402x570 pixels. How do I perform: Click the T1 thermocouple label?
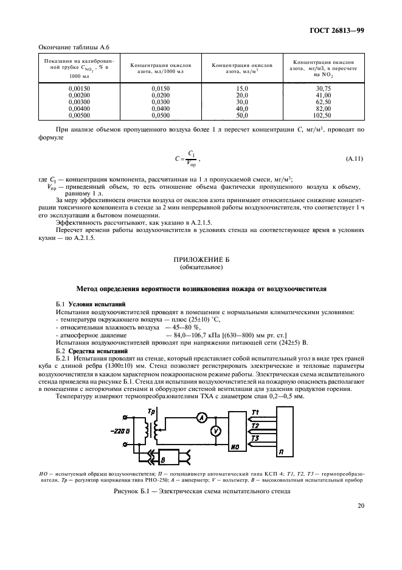(x=255, y=412)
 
